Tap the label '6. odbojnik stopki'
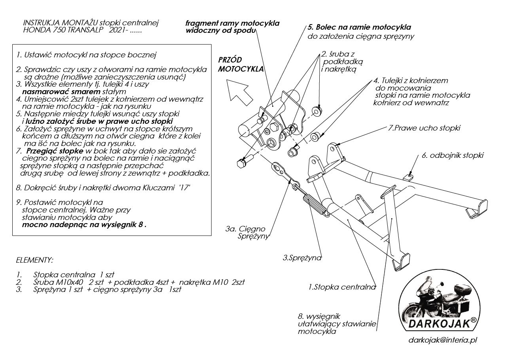pyautogui.click(x=452, y=155)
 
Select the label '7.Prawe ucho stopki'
pyautogui.click(x=424, y=128)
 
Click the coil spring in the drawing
pyautogui.click(x=316, y=205)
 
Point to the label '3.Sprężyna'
pyautogui.click(x=302, y=258)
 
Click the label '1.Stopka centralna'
pyautogui.click(x=342, y=287)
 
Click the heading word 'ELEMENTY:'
pyautogui.click(x=34, y=260)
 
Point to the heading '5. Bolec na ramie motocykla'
pyautogui.click(x=359, y=28)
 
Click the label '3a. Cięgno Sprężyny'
pyautogui.click(x=248, y=233)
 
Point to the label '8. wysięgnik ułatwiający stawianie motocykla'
pyautogui.click(x=337, y=324)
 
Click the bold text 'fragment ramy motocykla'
pyautogui.click(x=232, y=23)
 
